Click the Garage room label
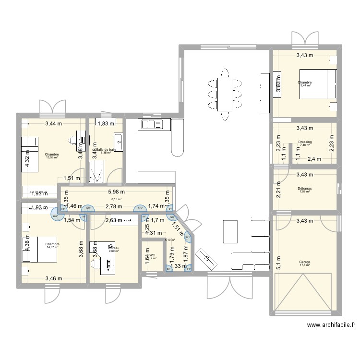pyautogui.click(x=304, y=262)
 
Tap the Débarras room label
pyautogui.click(x=304, y=189)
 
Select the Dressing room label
pyautogui.click(x=304, y=142)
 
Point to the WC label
pyautogui.click(x=152, y=255)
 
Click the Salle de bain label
pyautogui.click(x=106, y=150)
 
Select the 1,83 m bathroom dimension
pyautogui.click(x=106, y=123)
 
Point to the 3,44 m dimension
pyautogui.click(x=54, y=123)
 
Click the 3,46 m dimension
pyautogui.click(x=54, y=278)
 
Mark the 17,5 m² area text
pyautogui.click(x=304, y=265)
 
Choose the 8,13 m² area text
pyautogui.click(x=117, y=199)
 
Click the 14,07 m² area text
pyautogui.click(x=52, y=248)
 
